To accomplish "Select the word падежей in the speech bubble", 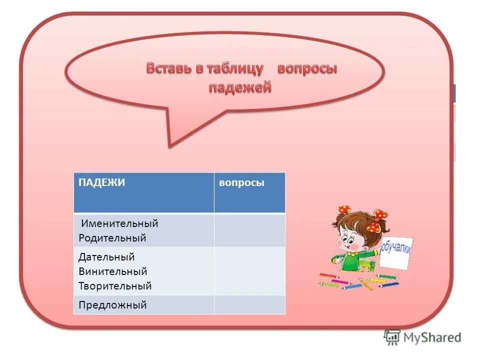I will tap(239, 87).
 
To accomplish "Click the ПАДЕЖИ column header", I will tap(101, 183).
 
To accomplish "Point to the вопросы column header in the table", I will tap(241, 183).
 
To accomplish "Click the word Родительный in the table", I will tap(112, 238).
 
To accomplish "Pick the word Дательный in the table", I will tap(106, 257).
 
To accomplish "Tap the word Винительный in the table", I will tap(113, 272).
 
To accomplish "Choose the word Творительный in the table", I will tap(115, 286).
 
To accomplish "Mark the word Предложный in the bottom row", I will tap(112, 305).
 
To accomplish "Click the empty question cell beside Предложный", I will tap(249, 305).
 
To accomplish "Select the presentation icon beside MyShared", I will tap(392, 337).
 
